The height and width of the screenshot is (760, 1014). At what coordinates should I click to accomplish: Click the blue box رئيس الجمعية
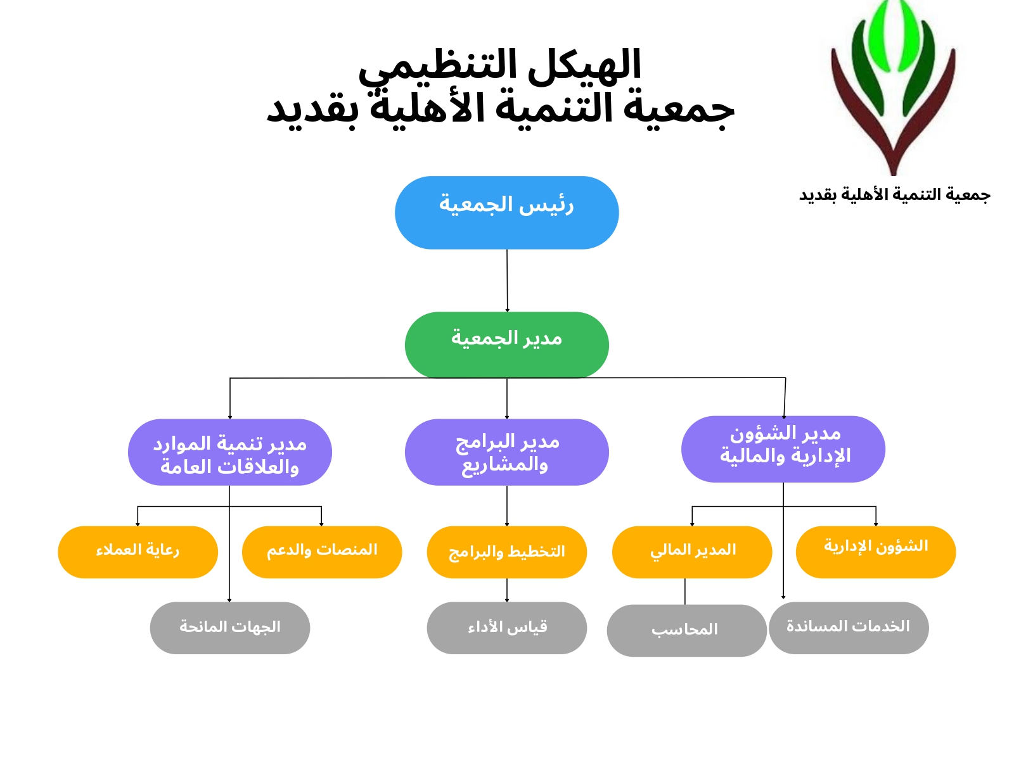[506, 213]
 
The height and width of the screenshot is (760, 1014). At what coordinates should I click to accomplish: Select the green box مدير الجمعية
[506, 345]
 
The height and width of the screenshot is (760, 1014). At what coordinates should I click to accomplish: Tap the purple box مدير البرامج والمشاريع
[506, 452]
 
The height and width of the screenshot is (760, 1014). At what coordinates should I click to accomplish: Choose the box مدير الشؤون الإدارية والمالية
[783, 449]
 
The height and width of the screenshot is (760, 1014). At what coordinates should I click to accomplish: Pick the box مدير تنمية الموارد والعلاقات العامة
[229, 452]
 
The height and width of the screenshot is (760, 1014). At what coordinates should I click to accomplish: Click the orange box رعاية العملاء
[138, 552]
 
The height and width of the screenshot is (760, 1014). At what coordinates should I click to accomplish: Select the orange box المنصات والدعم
[322, 552]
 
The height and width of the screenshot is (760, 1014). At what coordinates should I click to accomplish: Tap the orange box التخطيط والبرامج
[506, 552]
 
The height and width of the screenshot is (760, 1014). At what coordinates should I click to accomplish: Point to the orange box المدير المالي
[691, 552]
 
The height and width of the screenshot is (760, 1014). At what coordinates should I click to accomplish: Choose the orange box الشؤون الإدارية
[876, 552]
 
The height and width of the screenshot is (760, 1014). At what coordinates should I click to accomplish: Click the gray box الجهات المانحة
[229, 628]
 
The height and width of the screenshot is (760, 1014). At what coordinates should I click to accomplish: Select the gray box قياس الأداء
[506, 628]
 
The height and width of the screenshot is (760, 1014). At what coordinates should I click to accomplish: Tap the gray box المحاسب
[686, 630]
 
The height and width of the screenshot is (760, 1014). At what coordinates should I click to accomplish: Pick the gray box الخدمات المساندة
[849, 628]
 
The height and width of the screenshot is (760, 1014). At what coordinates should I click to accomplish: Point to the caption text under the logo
[894, 195]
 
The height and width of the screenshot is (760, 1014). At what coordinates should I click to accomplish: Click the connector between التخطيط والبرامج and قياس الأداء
[507, 590]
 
